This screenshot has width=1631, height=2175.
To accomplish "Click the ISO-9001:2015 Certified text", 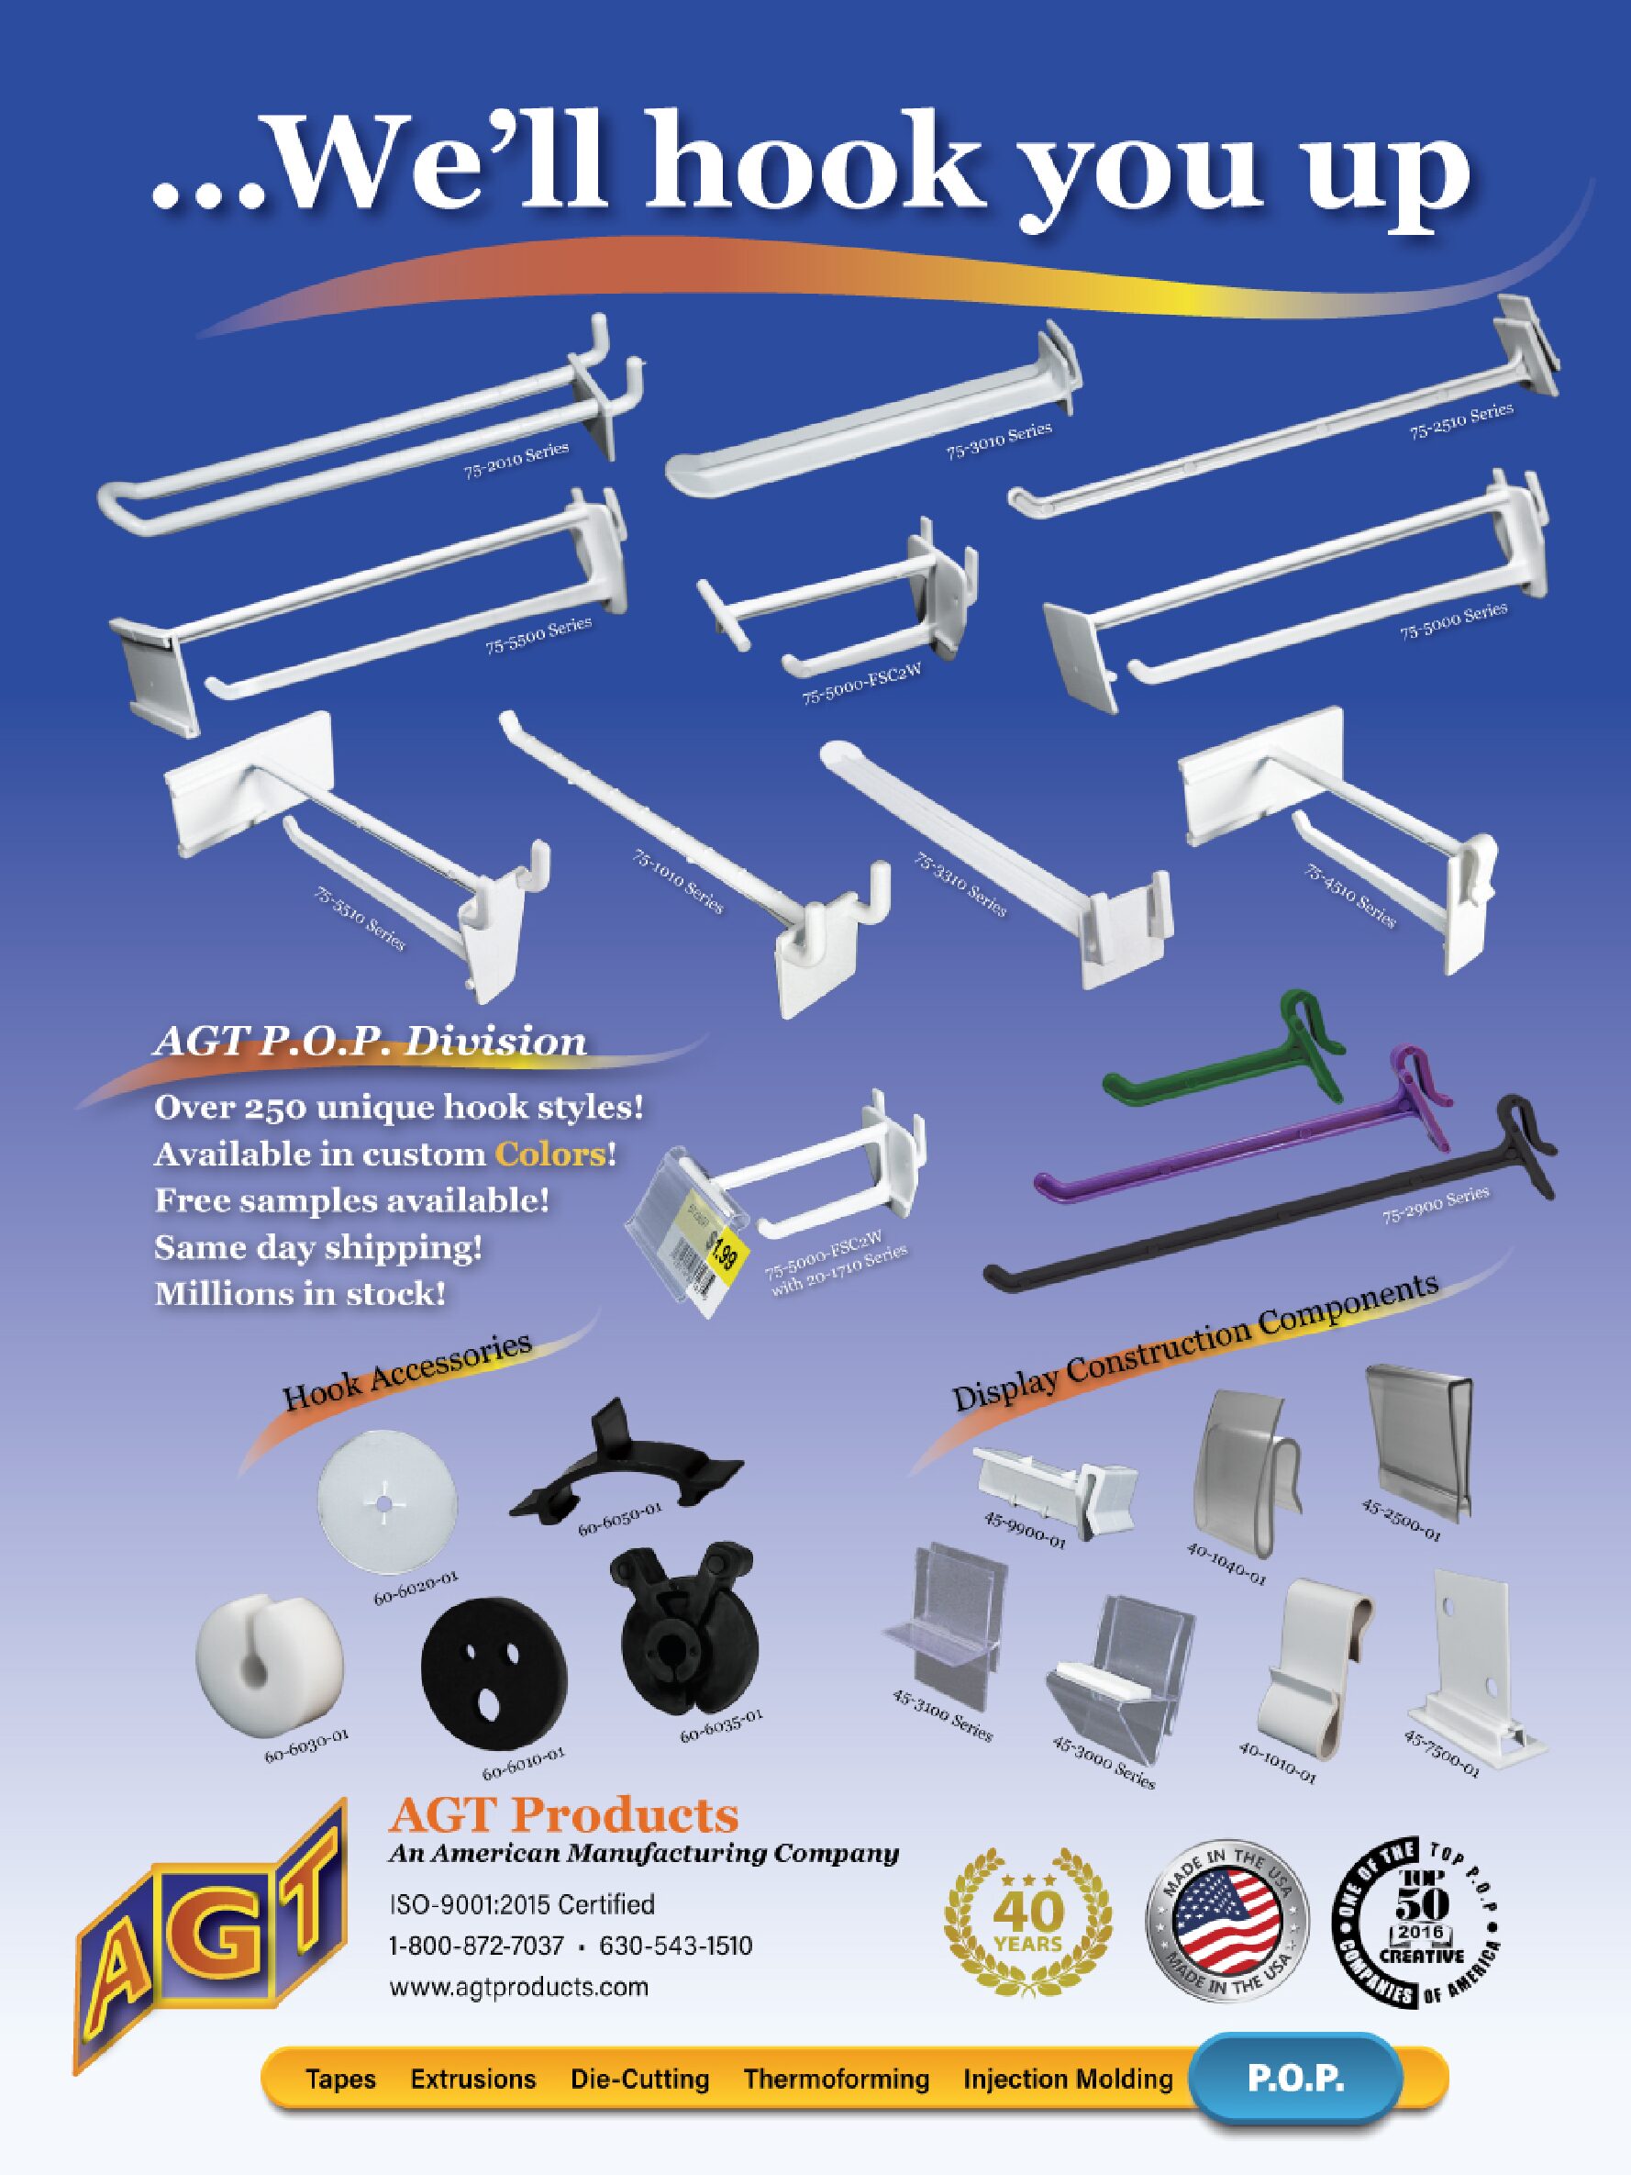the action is [522, 1904].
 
